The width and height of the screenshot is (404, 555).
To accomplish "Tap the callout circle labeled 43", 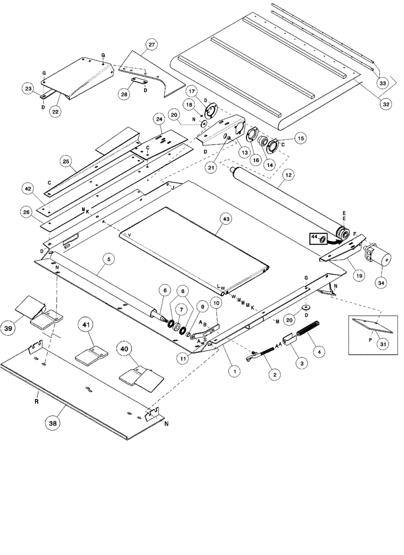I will (226, 219).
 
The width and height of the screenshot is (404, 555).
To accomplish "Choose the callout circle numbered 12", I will (287, 178).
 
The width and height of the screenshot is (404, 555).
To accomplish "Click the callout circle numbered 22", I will (55, 112).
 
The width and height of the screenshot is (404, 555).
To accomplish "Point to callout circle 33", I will (382, 83).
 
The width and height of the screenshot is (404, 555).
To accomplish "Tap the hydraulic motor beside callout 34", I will (373, 256).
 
